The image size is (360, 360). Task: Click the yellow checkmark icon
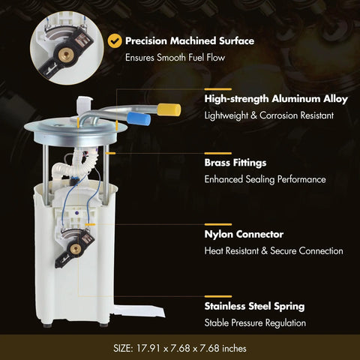[115, 40]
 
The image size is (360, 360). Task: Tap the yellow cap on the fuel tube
[169, 109]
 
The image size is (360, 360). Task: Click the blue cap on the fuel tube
[139, 118]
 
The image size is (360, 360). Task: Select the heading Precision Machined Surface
[190, 40]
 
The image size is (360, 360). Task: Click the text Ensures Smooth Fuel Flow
[175, 58]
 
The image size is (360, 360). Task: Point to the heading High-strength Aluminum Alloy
[276, 99]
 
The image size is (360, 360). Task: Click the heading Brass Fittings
[235, 163]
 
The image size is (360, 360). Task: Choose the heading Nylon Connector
[244, 234]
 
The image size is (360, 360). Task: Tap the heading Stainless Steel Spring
[254, 306]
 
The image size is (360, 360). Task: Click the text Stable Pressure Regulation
[255, 322]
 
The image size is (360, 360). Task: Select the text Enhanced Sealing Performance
[265, 179]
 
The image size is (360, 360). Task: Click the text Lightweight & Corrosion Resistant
[269, 115]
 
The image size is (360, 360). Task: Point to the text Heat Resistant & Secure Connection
[274, 250]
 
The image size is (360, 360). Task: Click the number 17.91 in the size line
[148, 348]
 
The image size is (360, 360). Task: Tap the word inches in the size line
[234, 348]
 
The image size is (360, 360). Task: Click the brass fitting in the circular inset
[66, 54]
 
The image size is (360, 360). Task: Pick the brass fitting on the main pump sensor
[75, 249]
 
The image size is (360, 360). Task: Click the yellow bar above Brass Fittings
[218, 153]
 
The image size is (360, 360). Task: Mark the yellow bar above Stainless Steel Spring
[218, 297]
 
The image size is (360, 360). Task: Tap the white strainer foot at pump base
[139, 311]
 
